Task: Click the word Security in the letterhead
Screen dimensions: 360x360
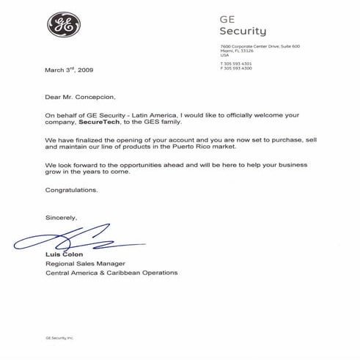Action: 243,32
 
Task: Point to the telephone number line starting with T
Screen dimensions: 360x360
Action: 236,64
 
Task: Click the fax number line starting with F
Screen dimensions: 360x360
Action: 236,68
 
